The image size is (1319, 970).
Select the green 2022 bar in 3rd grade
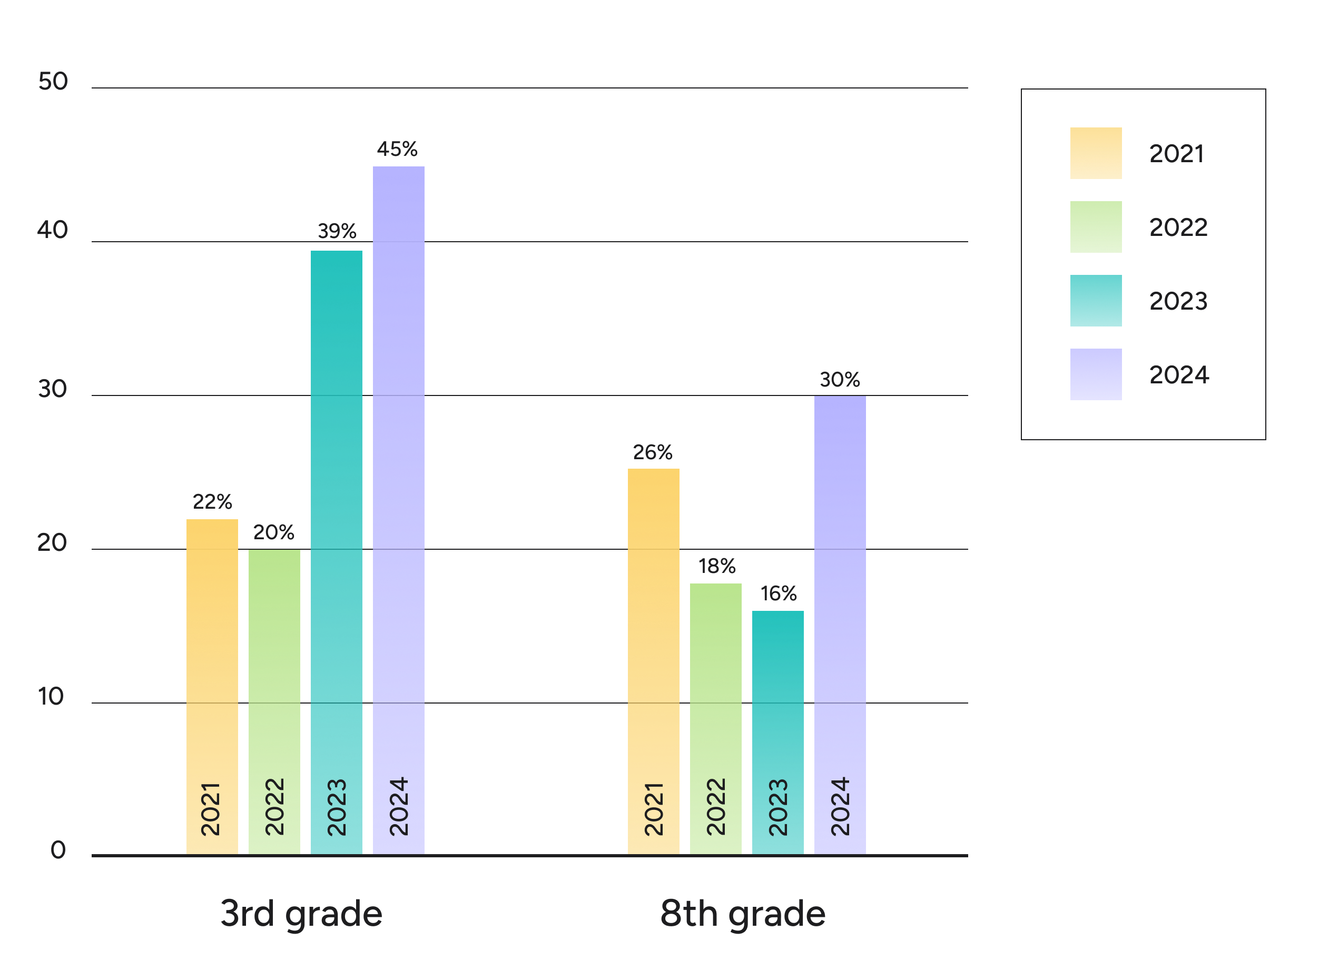[274, 701]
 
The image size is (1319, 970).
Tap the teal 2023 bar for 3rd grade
[337, 552]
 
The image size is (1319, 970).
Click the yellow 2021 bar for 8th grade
[654, 660]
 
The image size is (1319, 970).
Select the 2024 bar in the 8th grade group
[840, 625]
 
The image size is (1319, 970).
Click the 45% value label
[398, 149]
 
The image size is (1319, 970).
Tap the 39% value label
[337, 231]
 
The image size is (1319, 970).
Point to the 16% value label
[779, 593]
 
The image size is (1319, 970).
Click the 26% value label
[653, 452]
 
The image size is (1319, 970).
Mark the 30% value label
[840, 380]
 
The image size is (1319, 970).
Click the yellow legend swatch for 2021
[1096, 153]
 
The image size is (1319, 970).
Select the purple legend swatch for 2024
[1096, 374]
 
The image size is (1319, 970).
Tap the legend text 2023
[1178, 301]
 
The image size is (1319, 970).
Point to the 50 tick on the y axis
[53, 82]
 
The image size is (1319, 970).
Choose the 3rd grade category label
[301, 914]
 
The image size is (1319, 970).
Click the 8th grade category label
[743, 914]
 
